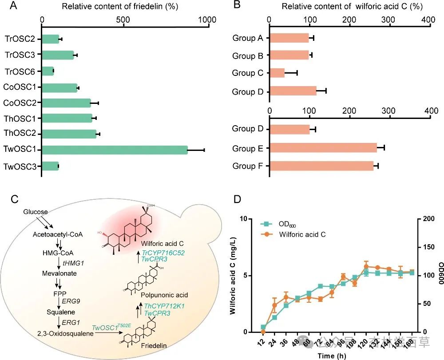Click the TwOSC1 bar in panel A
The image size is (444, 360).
click(x=115, y=150)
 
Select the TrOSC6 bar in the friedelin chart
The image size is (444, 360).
click(x=48, y=71)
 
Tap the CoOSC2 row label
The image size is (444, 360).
click(x=20, y=103)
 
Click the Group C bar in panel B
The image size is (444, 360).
click(x=277, y=73)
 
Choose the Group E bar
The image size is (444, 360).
click(x=323, y=147)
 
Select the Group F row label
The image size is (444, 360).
click(x=248, y=166)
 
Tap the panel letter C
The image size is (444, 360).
click(x=14, y=199)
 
